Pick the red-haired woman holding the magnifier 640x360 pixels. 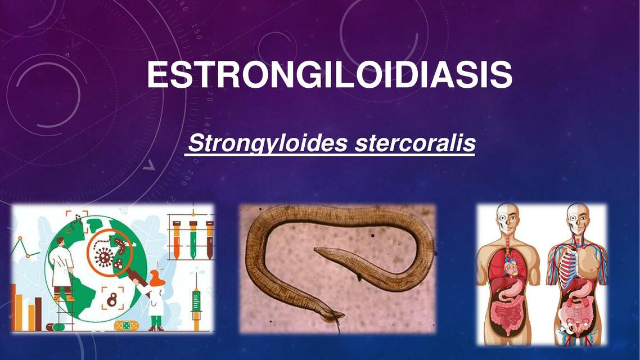[x=155, y=298]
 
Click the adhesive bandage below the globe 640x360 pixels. [x=124, y=326]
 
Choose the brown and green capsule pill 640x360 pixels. [x=55, y=327]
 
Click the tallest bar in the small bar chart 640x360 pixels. [x=13, y=307]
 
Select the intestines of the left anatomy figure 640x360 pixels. [x=508, y=313]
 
